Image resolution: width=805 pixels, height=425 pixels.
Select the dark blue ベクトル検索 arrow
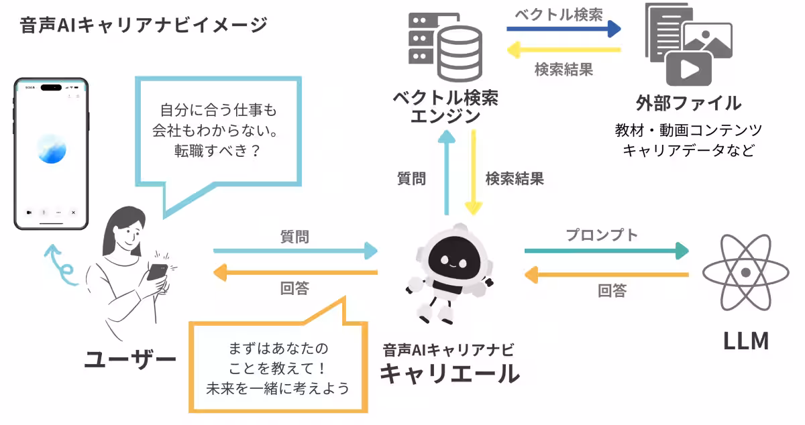563,29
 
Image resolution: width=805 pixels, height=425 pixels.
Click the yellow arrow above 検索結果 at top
563,49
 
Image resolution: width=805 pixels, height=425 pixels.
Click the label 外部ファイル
688,103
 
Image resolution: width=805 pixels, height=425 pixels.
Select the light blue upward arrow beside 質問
447,172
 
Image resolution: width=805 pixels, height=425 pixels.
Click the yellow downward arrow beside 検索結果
474,172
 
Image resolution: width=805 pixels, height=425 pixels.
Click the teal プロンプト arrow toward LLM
606,251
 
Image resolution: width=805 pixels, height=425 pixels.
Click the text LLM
745,341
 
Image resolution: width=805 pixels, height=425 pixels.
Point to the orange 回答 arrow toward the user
295,272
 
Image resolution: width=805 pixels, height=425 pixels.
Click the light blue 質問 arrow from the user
295,251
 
